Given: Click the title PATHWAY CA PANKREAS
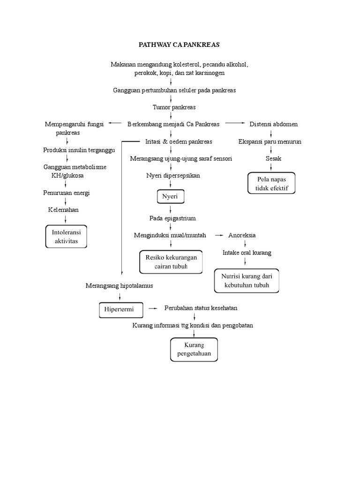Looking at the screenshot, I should pos(180,45).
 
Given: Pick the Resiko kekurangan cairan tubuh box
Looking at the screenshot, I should pos(171,262).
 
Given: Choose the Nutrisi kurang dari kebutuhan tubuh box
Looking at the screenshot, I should pos(246,280).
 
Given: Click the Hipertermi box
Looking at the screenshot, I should pos(119,310).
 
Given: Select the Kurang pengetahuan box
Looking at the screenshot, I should pos(194,349).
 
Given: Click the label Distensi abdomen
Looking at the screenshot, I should pos(273,124).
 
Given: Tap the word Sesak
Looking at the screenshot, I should pos(273,159).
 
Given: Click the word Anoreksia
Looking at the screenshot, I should pos(242,235).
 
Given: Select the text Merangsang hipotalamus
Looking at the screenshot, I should pos(119,285).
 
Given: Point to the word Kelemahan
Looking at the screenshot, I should pos(63,210).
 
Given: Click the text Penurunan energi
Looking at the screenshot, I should pos(67,193).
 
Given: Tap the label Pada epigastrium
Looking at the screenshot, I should pos(172,218).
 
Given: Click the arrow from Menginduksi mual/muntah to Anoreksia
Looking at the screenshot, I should pos(218,235).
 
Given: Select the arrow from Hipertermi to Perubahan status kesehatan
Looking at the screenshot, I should pos(153,308).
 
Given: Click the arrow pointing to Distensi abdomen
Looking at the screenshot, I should pos(235,124).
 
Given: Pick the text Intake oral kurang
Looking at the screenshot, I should pos(247,253).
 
